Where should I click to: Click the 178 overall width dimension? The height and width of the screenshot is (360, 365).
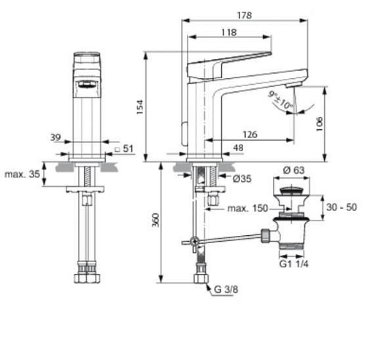click(x=245, y=15)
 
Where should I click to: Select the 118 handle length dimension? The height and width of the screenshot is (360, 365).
click(x=228, y=32)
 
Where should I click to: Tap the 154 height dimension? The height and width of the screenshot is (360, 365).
click(x=139, y=107)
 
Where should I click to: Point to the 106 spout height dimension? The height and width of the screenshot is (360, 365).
click(x=319, y=124)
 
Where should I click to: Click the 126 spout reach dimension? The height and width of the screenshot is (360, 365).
click(x=250, y=134)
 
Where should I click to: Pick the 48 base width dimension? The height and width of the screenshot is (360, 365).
click(x=238, y=148)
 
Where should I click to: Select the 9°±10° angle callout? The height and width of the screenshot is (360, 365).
click(x=281, y=100)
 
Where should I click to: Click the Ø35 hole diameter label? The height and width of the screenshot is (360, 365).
click(x=242, y=179)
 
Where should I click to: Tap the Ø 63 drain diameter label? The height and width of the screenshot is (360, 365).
click(x=293, y=170)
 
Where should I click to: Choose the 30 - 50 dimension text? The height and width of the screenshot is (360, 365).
click(x=342, y=207)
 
